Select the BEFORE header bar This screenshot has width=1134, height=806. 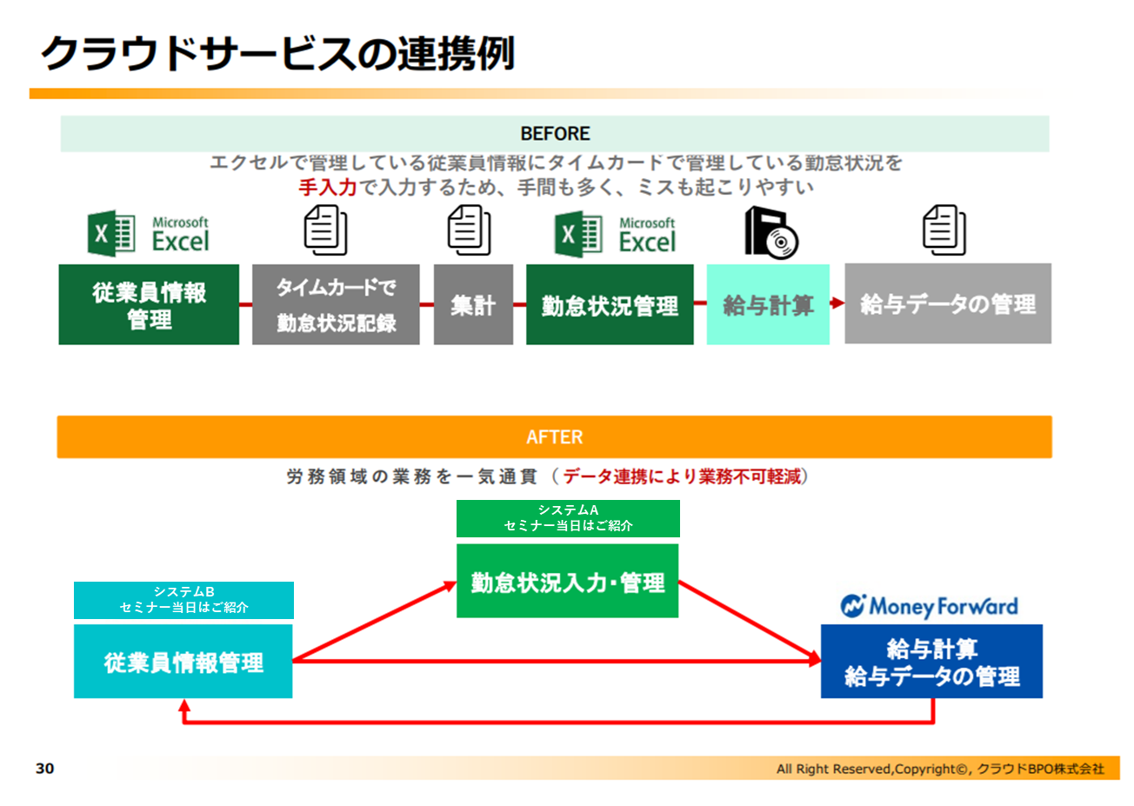tap(554, 134)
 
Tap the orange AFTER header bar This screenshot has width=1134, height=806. tap(554, 436)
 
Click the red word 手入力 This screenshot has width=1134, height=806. tap(327, 187)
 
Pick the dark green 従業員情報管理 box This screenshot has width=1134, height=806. tap(149, 305)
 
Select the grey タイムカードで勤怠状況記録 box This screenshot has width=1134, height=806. tap(336, 305)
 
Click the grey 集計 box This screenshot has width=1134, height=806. tap(473, 305)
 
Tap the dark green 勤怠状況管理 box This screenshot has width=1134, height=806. tap(610, 305)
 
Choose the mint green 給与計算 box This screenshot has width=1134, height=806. tap(768, 305)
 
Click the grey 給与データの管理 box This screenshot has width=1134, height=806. tap(948, 304)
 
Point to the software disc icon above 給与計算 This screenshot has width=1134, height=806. tap(770, 233)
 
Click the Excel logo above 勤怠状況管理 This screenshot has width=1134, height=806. tap(615, 234)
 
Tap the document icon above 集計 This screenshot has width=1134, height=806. tap(469, 230)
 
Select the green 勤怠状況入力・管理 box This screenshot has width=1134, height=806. tap(567, 582)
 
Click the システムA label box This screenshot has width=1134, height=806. tap(568, 518)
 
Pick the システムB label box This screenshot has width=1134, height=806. tap(183, 600)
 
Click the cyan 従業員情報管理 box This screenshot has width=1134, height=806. tap(183, 662)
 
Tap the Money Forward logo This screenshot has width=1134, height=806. tap(929, 606)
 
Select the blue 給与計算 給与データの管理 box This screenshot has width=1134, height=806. tap(931, 662)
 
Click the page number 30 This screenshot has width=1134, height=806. tap(44, 769)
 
